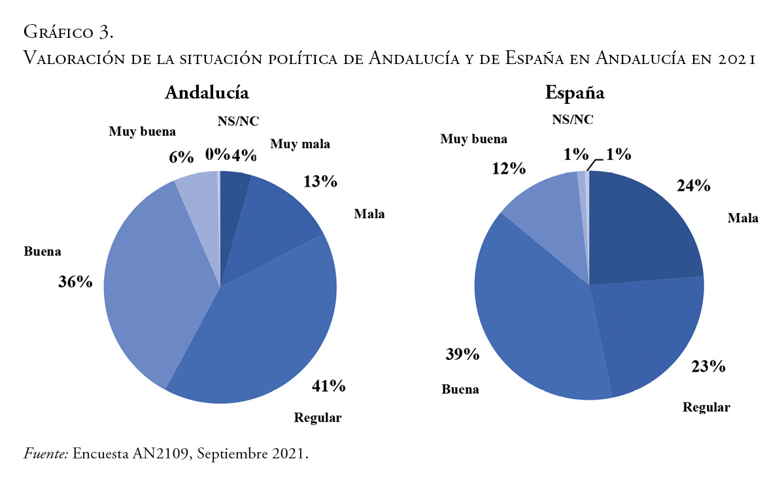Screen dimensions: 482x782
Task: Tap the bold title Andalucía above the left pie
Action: pyautogui.click(x=207, y=93)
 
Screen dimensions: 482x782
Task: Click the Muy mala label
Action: pyautogui.click(x=300, y=144)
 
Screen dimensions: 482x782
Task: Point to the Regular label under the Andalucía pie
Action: pyautogui.click(x=318, y=418)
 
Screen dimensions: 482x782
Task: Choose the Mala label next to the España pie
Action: pyautogui.click(x=743, y=217)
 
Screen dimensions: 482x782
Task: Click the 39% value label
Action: pyautogui.click(x=462, y=355)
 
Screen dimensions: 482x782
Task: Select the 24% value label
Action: pyautogui.click(x=692, y=186)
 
